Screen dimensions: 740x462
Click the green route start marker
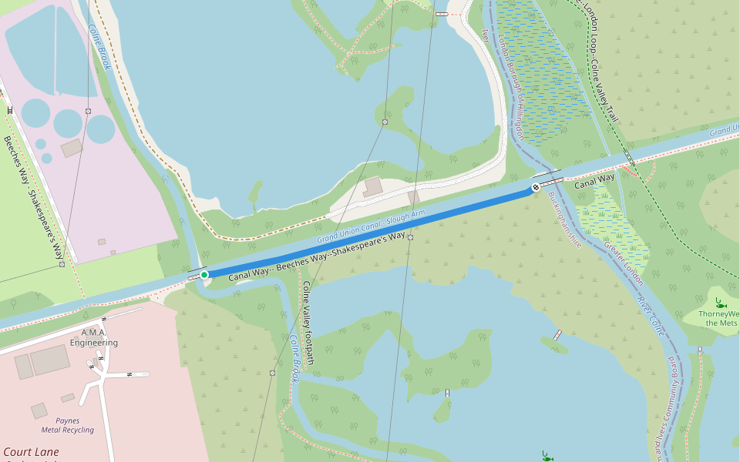(x=203, y=275)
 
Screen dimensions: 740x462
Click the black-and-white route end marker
(x=535, y=188)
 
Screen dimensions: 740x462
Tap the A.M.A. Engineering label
(x=94, y=337)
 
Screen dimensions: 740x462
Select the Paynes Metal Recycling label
(x=68, y=426)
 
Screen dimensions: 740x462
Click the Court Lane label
(x=31, y=452)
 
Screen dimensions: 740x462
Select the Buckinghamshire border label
(x=564, y=219)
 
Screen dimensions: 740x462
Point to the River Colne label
(x=651, y=316)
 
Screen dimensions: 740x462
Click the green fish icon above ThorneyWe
(x=718, y=302)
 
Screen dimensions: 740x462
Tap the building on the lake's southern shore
(x=373, y=186)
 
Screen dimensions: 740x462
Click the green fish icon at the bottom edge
(x=547, y=456)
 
